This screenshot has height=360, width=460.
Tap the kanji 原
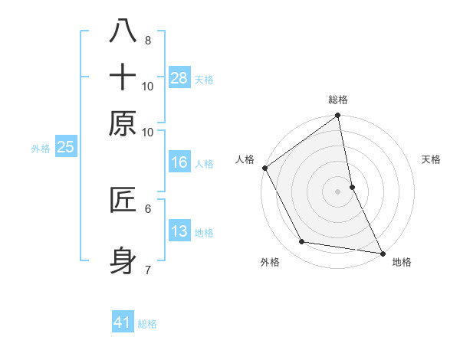pos(123,123)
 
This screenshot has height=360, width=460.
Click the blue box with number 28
pos(179,78)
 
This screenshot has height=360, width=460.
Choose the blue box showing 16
pos(179,162)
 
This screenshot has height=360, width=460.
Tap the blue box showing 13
pos(179,231)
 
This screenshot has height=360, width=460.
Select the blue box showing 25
pos(65,147)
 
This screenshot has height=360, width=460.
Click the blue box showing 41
pos(123,322)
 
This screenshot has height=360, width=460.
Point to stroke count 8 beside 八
pos(147,40)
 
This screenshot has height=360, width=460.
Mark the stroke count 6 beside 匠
pos(147,208)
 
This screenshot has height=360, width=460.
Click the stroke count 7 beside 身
pos(147,270)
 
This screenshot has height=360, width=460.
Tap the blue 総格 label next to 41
pos(147,324)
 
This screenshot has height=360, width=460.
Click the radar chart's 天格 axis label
pos(432,160)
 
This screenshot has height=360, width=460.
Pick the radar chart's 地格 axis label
pos(402,263)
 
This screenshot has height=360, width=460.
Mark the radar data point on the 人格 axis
pos(264,168)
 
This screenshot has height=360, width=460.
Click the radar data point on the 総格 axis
pos(338,116)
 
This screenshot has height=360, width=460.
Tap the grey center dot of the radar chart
pos(338,191)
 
